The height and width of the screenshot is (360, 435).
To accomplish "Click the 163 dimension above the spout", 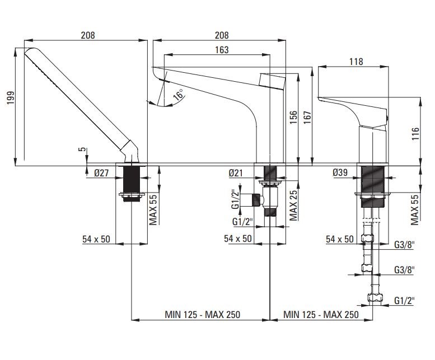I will click(x=222, y=50).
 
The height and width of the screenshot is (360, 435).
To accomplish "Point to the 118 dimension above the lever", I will click(x=356, y=62).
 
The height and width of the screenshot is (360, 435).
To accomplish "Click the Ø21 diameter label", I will click(x=236, y=173).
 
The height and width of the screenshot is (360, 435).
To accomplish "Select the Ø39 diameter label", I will click(x=340, y=173).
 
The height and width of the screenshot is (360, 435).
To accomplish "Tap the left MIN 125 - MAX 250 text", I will click(x=202, y=315).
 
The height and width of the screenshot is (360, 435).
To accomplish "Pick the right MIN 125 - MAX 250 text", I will click(x=321, y=315).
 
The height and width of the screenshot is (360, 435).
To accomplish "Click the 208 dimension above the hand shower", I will click(x=87, y=35).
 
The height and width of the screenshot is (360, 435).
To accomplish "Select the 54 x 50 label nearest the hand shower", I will click(x=96, y=239).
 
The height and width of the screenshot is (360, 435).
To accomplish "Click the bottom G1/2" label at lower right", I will click(x=403, y=301).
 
